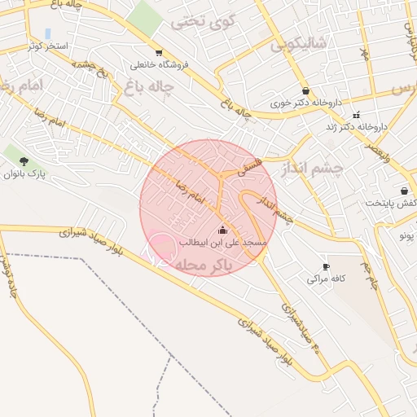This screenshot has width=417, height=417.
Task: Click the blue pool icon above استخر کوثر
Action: tap(48, 33)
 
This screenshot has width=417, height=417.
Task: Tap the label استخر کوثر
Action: tap(46, 46)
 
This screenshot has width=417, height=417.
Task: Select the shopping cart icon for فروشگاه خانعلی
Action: tap(158, 53)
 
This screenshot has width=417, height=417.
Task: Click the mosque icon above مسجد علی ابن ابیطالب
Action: tap(223, 230)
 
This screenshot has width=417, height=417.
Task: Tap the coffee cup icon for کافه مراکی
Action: tap(326, 266)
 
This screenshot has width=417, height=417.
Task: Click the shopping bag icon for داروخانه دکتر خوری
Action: tap(305, 91)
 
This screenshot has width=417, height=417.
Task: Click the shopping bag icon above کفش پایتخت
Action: tap(404, 191)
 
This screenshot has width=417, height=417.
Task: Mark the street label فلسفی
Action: tap(252, 169)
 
